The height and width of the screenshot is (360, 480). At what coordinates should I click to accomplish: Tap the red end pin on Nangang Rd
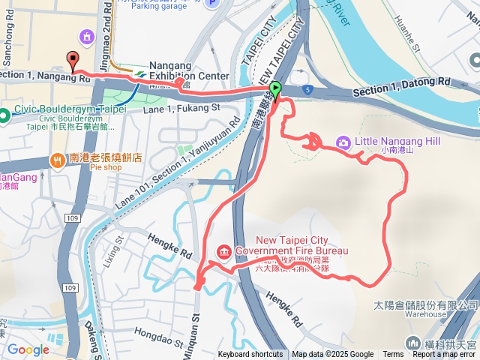coord(73,59)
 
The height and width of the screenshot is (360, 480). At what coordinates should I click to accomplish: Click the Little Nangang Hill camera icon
coord(343,142)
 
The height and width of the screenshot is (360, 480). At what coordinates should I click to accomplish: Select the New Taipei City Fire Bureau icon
coord(223,250)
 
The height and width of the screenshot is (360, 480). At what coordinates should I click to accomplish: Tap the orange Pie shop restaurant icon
coord(58,158)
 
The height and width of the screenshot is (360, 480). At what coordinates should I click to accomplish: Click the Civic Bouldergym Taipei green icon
coord(4,115)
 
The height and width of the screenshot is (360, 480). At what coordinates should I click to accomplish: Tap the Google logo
coord(28,349)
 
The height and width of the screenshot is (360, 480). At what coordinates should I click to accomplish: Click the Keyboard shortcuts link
coord(250,355)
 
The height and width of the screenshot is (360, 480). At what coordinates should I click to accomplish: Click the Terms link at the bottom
coord(393,355)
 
